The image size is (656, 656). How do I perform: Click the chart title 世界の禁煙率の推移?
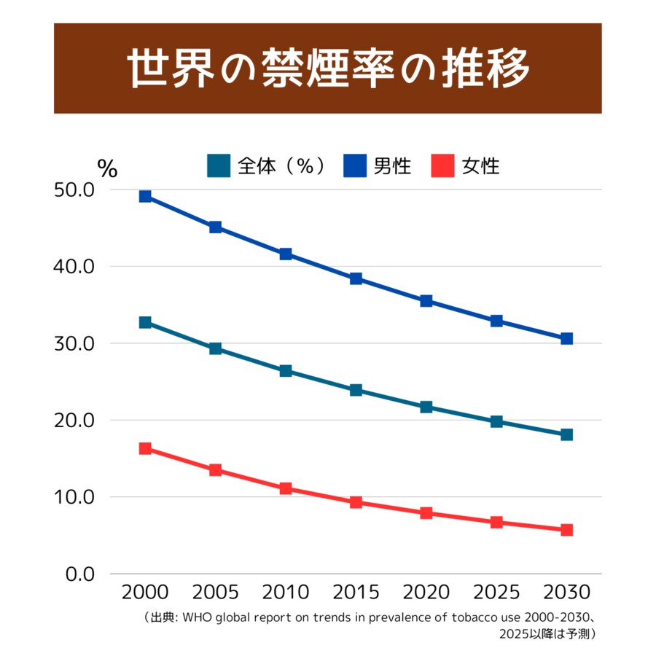[x=327, y=68]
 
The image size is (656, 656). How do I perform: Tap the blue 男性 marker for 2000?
[x=145, y=196]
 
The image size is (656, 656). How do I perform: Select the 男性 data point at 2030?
[x=566, y=338]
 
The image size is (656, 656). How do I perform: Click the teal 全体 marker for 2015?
[x=356, y=390]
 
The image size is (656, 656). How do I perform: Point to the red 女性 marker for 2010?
[x=286, y=488]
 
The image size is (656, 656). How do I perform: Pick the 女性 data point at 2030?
[x=566, y=530]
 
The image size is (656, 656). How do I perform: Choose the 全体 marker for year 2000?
[x=145, y=322]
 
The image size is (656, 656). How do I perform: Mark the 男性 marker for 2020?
[x=426, y=301]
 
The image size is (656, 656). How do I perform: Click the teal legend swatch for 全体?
[x=219, y=165]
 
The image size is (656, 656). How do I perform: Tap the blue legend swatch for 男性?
[x=355, y=165]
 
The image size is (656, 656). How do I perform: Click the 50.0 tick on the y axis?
[x=74, y=190]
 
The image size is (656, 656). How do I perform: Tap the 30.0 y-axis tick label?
[x=74, y=343]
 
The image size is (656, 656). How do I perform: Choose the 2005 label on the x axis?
[x=215, y=591]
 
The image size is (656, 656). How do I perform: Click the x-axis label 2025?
[x=496, y=591]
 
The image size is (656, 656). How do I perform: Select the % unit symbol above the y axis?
[x=107, y=168]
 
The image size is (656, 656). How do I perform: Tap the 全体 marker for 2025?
[x=496, y=421]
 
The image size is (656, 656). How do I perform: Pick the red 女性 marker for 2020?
[x=426, y=513]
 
